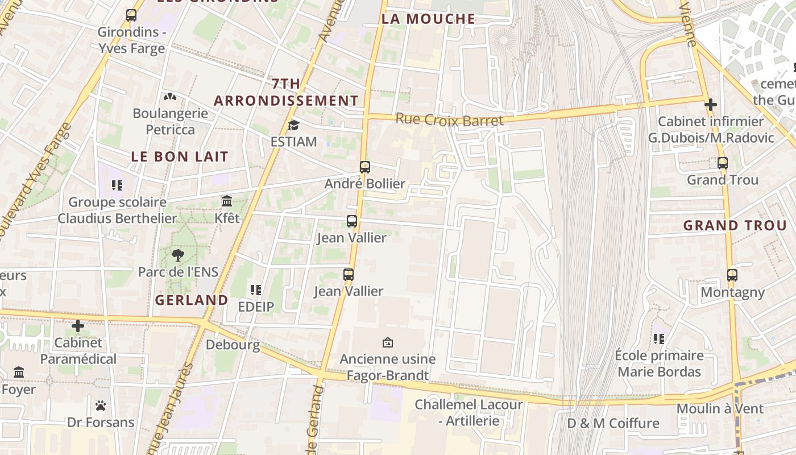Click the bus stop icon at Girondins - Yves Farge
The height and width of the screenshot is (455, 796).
tap(131, 15)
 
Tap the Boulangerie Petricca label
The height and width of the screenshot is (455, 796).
tap(170, 121)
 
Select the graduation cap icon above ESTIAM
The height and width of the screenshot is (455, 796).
tap(293, 125)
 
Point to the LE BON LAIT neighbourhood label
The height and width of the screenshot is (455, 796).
tap(180, 156)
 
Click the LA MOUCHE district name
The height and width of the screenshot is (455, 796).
tap(428, 19)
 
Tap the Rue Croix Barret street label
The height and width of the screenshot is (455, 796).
tap(449, 120)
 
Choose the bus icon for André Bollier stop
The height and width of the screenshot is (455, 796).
tap(365, 167)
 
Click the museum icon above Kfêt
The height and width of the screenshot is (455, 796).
tap(227, 201)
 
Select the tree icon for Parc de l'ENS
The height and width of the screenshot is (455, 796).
tap(178, 255)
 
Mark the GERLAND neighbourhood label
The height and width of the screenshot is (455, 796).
tap(192, 300)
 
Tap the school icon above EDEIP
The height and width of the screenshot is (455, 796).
tap(256, 290)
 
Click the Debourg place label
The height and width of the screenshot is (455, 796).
tap(233, 345)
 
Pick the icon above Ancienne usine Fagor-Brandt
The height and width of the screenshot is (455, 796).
tap(388, 342)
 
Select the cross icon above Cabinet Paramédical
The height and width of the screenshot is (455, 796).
tap(78, 326)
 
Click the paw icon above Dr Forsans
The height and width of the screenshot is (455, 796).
tap(101, 406)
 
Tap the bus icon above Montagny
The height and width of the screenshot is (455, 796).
tap(732, 275)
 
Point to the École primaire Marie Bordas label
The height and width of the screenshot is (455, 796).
tap(660, 363)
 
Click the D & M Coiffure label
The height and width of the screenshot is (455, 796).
tap(613, 423)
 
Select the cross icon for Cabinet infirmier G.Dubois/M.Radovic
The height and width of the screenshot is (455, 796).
tap(710, 105)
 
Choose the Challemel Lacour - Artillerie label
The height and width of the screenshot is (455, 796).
tap(469, 412)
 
